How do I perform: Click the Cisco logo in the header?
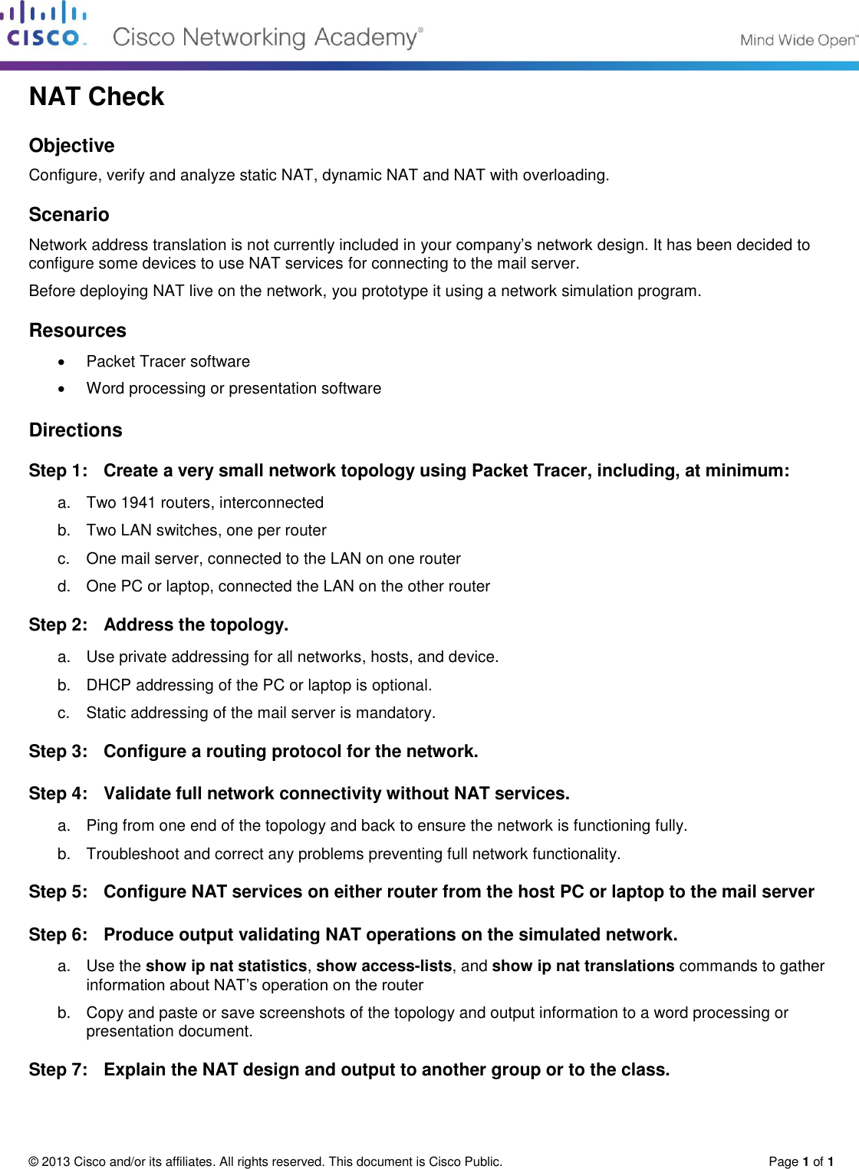44,25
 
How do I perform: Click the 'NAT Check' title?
97,97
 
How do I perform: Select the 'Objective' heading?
71,146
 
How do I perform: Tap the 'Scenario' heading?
69,215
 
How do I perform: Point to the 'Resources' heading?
77,331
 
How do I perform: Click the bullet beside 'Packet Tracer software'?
62,362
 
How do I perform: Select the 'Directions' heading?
75,430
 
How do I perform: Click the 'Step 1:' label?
58,471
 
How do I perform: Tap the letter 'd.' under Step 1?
64,587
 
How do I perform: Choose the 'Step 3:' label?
58,752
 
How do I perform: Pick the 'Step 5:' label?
58,892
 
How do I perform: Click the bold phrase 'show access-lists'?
383,966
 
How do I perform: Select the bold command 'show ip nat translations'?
583,966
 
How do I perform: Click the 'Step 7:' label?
58,1070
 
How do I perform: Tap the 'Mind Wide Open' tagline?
798,41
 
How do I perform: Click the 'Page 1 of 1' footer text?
801,1161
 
